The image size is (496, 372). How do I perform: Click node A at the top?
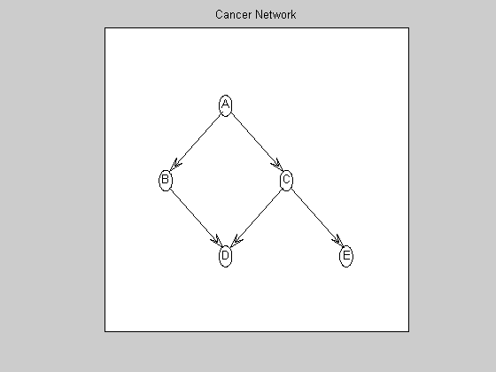(x=225, y=105)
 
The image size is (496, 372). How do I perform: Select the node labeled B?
(x=165, y=181)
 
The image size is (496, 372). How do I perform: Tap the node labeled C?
(x=286, y=181)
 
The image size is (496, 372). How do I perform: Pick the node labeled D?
(x=225, y=256)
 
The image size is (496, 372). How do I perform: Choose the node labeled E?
(x=346, y=256)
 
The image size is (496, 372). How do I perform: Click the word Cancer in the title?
(x=234, y=14)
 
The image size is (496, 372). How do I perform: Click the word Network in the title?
(x=275, y=14)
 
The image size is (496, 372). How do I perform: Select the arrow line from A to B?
(x=195, y=143)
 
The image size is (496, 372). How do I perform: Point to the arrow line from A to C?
(x=256, y=143)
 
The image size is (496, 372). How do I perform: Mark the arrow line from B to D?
(x=196, y=218)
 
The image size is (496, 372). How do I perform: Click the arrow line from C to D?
(x=256, y=218)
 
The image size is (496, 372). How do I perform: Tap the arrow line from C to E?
(x=316, y=218)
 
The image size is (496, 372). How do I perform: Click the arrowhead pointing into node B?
(x=175, y=166)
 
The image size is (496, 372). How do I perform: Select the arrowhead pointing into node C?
(x=276, y=165)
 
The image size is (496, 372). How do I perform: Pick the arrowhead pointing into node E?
(x=337, y=241)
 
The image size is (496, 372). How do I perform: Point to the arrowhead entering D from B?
(x=216, y=241)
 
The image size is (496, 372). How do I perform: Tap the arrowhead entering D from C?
(x=236, y=241)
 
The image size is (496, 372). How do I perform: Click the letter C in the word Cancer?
(x=219, y=14)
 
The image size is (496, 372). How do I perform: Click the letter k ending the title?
(x=293, y=14)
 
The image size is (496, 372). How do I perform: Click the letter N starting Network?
(x=259, y=14)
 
